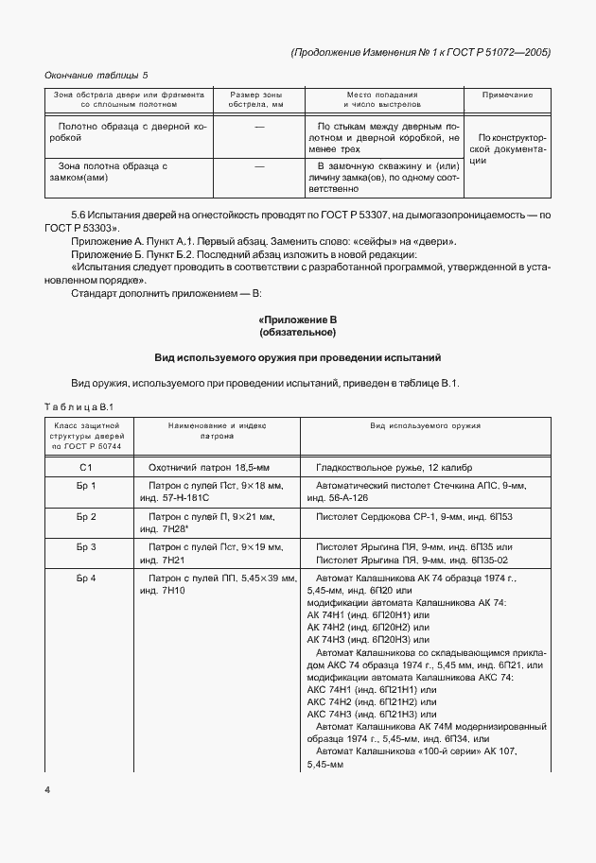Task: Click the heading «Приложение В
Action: pyautogui.click(x=298, y=321)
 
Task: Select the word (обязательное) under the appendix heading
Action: pyautogui.click(x=298, y=334)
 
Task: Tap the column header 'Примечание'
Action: pyautogui.click(x=507, y=95)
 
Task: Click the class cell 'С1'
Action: pyautogui.click(x=86, y=468)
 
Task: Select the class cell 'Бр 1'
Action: pyautogui.click(x=86, y=486)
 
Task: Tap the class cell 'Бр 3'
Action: pyautogui.click(x=86, y=546)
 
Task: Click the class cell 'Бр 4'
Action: pyautogui.click(x=86, y=577)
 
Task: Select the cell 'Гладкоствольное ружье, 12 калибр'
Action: pyautogui.click(x=394, y=468)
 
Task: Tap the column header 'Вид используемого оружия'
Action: pyautogui.click(x=425, y=426)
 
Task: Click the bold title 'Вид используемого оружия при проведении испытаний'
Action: pyautogui.click(x=298, y=358)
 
